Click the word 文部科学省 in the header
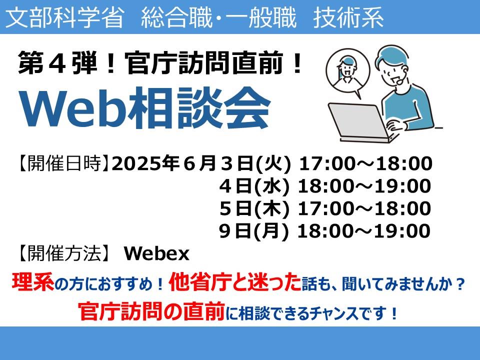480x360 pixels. (x=65, y=17)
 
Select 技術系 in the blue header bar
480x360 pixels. (x=348, y=17)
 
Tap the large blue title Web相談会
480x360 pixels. (x=145, y=108)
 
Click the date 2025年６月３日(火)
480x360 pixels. (x=201, y=163)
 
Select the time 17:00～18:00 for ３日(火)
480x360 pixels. (x=365, y=163)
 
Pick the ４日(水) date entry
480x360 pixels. (x=254, y=186)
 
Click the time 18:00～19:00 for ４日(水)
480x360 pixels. (x=364, y=186)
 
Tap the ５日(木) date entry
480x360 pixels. (x=254, y=208)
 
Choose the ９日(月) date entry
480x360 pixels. (x=253, y=231)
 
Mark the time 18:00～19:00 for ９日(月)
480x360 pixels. (x=364, y=231)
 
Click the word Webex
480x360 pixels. (x=156, y=254)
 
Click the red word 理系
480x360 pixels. (x=33, y=281)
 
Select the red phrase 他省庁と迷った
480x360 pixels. (x=235, y=281)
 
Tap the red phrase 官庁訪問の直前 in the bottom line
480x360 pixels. (x=151, y=311)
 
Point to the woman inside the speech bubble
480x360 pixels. (x=347, y=72)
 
